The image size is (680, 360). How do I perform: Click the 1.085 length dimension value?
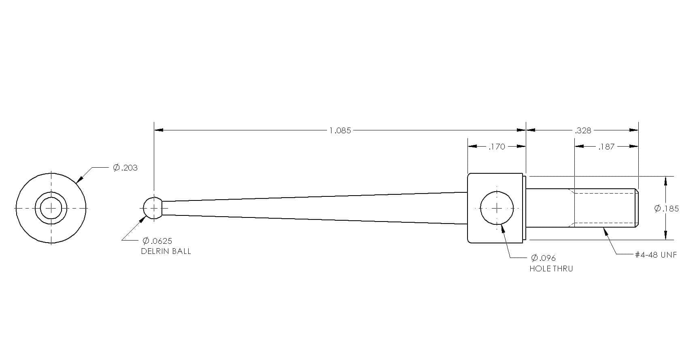point(340,131)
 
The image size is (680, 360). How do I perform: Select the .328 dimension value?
point(583,131)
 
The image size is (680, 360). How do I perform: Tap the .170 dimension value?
point(497,147)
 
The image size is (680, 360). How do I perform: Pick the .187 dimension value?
point(606,147)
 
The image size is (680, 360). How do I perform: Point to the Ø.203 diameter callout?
point(125,168)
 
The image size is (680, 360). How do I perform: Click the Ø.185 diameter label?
point(666,209)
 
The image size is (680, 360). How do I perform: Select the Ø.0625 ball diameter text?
point(157,241)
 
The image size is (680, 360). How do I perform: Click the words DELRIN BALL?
point(166,251)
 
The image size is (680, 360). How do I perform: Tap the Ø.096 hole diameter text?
point(543,258)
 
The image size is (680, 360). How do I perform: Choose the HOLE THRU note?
point(551,268)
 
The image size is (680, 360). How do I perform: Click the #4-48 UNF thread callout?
point(656,255)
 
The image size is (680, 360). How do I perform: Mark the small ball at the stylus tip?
point(153,208)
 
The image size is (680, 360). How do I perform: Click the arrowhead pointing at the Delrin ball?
point(142,220)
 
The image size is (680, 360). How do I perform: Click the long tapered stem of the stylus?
point(314,208)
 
